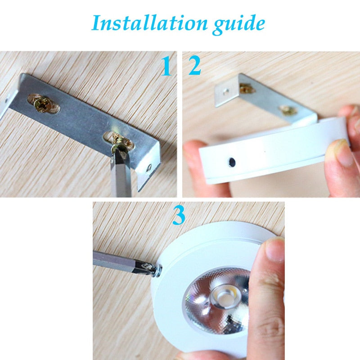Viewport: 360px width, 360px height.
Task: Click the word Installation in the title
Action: pos(144,22)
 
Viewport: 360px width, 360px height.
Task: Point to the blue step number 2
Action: pos(195,67)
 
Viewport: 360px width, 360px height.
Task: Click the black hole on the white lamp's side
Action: pos(231,161)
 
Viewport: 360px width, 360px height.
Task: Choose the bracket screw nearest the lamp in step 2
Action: pos(287,109)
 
